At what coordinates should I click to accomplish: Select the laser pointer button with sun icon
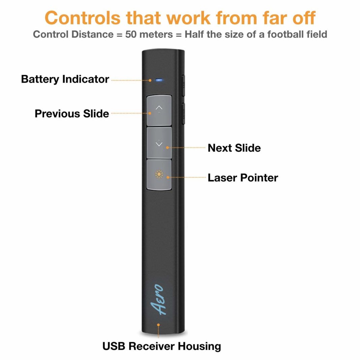[x=159, y=175]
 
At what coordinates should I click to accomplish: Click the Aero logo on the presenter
[x=156, y=299]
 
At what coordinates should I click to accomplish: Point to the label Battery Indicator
[x=65, y=79]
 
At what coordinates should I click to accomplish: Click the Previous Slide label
[x=72, y=113]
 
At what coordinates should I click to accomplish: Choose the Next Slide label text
[x=234, y=148]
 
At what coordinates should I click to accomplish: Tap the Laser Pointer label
[x=243, y=178]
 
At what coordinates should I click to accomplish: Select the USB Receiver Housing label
[x=161, y=346]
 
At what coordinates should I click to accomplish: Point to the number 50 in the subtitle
[x=130, y=34]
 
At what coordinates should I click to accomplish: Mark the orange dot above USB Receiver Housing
[x=158, y=325]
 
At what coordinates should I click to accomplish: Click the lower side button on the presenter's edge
[x=183, y=113]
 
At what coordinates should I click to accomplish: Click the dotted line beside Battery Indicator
[x=130, y=80]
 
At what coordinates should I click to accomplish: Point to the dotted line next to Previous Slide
[x=130, y=114]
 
